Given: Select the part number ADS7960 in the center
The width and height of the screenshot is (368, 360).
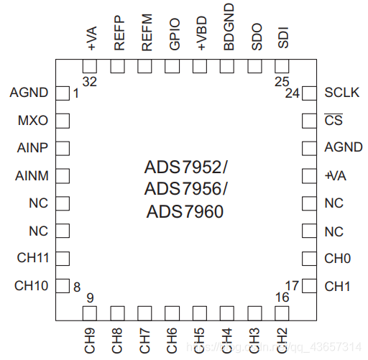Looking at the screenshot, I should pyautogui.click(x=185, y=212).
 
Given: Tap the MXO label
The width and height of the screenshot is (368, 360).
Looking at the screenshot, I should pyautogui.click(x=33, y=120).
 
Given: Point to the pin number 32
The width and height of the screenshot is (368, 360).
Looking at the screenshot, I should pyautogui.click(x=89, y=82).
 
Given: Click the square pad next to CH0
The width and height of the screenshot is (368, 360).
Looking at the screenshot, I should pyautogui.click(x=309, y=258).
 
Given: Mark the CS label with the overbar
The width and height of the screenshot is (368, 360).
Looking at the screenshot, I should pyautogui.click(x=333, y=120).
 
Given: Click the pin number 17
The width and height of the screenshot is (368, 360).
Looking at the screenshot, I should pyautogui.click(x=292, y=285).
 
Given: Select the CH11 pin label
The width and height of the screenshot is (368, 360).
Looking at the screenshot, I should pyautogui.click(x=32, y=257).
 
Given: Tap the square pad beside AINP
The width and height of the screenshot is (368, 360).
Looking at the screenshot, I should pyautogui.click(x=63, y=148).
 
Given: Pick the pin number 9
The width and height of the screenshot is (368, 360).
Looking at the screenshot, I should pyautogui.click(x=90, y=297).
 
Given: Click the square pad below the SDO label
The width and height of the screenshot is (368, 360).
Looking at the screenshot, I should pyautogui.click(x=255, y=66).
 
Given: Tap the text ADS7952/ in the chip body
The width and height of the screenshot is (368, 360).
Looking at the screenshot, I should pyautogui.click(x=185, y=168).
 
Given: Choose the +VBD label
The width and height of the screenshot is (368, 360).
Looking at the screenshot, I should pyautogui.click(x=201, y=36).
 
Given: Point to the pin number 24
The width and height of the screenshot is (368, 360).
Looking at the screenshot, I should pyautogui.click(x=292, y=93).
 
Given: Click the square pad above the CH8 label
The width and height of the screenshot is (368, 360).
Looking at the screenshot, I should pyautogui.click(x=118, y=313).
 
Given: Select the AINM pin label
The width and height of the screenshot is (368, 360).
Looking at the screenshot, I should pyautogui.click(x=32, y=175).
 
